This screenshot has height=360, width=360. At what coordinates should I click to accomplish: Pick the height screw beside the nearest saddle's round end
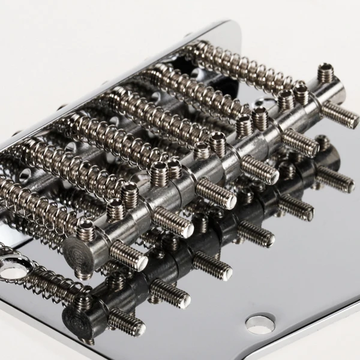coord(86,227)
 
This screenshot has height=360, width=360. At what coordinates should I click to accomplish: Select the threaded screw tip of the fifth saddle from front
coord(300,142)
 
